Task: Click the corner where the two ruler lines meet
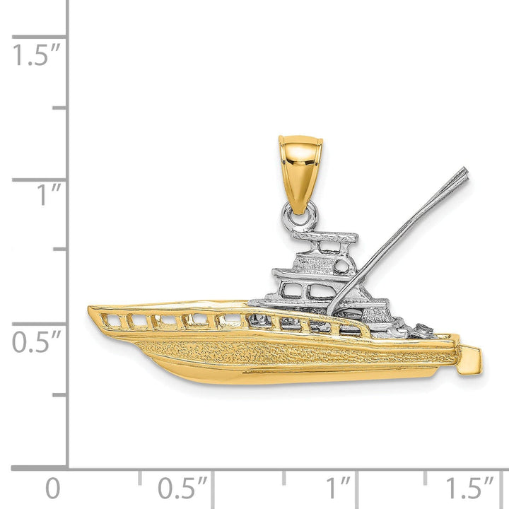click(68, 467)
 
